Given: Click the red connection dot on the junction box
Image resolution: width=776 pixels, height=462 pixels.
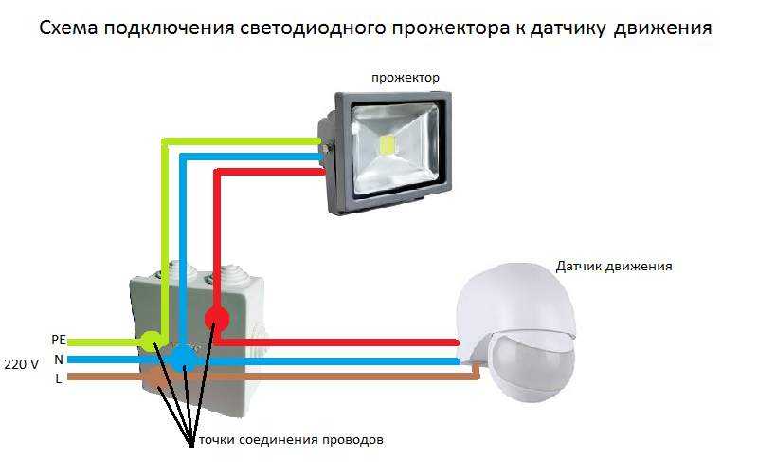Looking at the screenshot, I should (217, 317).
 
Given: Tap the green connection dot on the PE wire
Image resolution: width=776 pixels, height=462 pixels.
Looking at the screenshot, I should (151, 339).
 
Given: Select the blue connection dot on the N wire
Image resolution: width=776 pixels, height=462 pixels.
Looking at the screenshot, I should (184, 358).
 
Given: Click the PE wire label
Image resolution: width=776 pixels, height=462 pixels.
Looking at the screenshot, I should (58, 339).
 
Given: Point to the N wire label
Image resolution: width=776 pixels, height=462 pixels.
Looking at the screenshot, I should (59, 360).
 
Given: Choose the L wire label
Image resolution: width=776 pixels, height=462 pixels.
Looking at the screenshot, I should (59, 379).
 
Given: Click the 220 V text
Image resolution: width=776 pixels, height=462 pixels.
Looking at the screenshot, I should (22, 363).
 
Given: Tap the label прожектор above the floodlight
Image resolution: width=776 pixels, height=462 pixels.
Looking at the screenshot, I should (405, 76).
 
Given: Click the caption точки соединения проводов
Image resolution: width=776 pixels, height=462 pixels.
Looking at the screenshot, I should (284, 441).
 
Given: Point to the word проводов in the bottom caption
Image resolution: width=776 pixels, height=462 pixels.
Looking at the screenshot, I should (356, 441).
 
